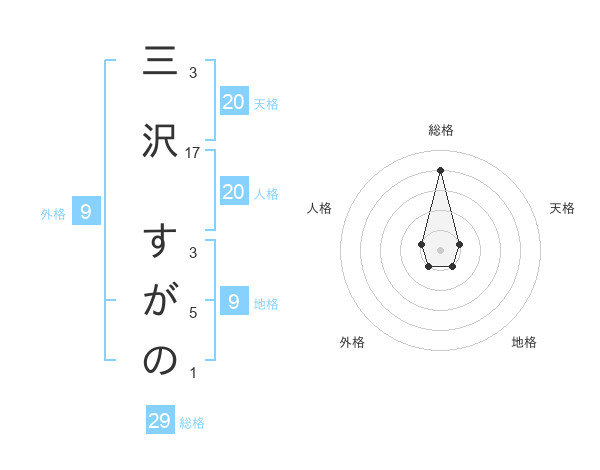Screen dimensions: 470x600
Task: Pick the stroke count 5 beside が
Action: (193, 313)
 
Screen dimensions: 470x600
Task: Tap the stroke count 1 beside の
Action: (193, 374)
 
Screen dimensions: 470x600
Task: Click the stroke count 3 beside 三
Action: (193, 73)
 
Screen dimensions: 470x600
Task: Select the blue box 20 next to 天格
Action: (233, 102)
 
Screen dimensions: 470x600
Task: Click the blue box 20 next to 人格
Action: (233, 192)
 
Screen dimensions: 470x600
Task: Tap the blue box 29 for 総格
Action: (160, 421)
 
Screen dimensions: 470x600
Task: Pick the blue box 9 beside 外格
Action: (86, 211)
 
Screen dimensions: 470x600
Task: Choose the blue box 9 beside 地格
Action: (233, 301)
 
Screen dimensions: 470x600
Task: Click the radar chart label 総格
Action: (440, 131)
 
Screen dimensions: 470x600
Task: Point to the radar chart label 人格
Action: (320, 208)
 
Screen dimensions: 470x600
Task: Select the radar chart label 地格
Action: (524, 342)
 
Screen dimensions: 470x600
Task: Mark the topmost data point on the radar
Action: (440, 169)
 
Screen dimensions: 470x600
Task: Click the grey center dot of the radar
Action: (440, 248)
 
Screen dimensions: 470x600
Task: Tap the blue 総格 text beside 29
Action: (192, 423)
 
